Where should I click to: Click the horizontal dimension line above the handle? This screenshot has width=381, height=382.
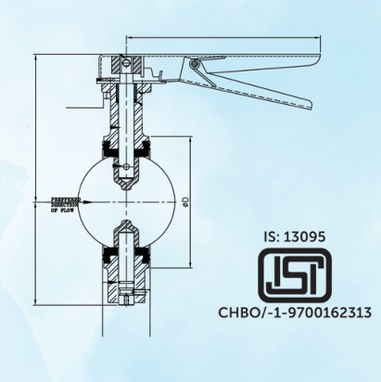(x=222, y=39)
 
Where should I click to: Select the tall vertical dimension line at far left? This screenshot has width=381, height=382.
(x=34, y=176)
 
